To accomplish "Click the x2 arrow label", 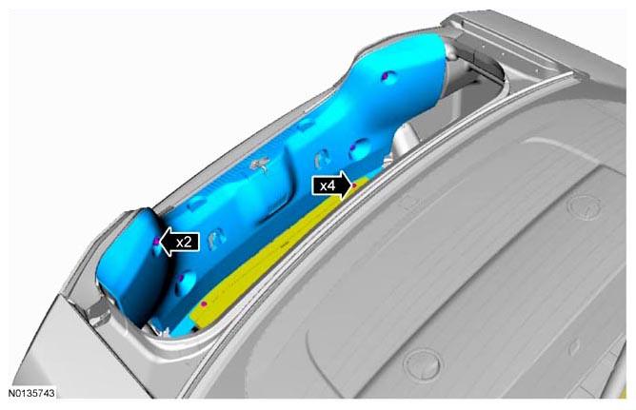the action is tap(180, 242).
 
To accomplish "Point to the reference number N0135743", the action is tap(31, 394).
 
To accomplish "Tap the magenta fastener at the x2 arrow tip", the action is tap(156, 242).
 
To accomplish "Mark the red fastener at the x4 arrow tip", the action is tap(354, 185).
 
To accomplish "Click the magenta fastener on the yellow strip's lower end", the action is tap(204, 303).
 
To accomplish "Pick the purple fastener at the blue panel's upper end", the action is tap(386, 75).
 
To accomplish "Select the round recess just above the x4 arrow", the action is tap(359, 148).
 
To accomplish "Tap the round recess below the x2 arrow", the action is tap(186, 282).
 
